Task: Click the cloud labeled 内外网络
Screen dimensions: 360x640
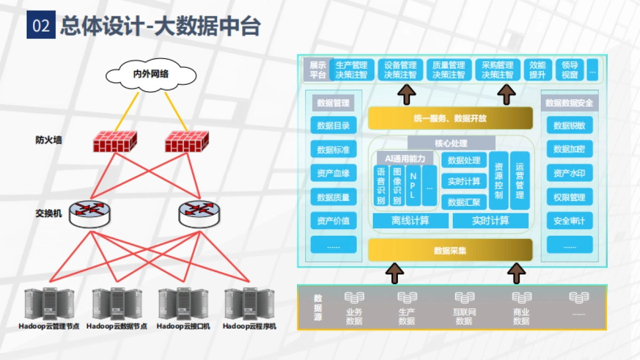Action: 150,74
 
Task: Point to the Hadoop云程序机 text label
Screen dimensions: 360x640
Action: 250,326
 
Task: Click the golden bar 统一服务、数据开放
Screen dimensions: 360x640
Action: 450,118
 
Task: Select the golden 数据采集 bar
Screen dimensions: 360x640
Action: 450,250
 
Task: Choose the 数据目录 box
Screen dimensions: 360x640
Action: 333,126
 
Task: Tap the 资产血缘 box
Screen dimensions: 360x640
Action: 333,173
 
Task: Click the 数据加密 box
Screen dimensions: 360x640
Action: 569,149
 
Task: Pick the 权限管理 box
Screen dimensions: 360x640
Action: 569,197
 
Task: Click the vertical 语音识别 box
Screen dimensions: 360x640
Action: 381,186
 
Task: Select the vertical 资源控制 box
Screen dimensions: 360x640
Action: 498,180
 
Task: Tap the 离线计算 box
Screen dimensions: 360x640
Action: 410,221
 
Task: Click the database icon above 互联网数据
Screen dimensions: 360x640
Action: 464,298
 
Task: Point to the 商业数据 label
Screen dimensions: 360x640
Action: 521,316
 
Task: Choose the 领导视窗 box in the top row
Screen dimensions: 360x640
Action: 570,70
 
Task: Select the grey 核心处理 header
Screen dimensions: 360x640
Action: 451,143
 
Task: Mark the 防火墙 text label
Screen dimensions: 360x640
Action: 49,140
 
